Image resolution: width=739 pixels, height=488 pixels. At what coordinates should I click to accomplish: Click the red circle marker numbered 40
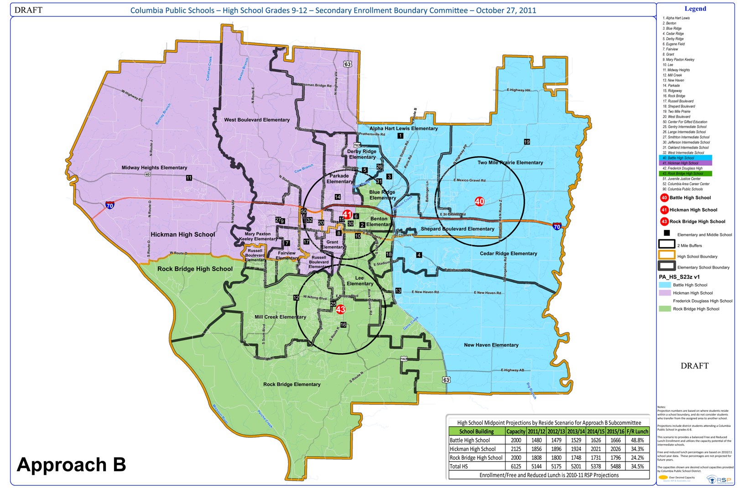pos(479,201)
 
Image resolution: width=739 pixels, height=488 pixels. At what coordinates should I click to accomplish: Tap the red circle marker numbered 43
pos(341,309)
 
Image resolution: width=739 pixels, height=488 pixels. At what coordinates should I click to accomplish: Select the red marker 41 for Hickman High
pos(347,214)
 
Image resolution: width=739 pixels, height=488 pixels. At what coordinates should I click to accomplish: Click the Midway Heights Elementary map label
pos(154,167)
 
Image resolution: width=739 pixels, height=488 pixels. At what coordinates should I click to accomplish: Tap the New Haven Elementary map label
pos(491,345)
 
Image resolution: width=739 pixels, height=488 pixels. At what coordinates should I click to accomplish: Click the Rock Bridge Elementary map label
pos(291,384)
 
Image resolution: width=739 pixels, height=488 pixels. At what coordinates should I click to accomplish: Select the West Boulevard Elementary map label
pos(257,119)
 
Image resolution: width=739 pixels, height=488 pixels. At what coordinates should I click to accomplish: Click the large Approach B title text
pos(71,464)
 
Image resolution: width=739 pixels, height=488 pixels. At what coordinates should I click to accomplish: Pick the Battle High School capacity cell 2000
pos(516,440)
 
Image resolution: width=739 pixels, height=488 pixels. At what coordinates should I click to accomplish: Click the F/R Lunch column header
pos(637,431)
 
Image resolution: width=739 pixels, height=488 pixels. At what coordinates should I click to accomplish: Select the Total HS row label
pos(459,466)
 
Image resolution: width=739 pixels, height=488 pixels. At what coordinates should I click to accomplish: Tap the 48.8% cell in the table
pos(637,440)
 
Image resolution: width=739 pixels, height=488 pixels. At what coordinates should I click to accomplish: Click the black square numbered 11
pos(189,178)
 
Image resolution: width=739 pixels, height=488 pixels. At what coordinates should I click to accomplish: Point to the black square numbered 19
pos(527,142)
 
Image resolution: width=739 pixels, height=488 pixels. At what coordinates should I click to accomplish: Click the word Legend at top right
pos(695,9)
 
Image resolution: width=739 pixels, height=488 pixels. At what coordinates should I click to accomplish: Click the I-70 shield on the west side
pos(109,206)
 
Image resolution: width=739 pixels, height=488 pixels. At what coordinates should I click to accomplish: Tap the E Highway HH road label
pos(518,90)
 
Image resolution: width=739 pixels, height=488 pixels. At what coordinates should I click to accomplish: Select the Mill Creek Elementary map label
pos(280,317)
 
